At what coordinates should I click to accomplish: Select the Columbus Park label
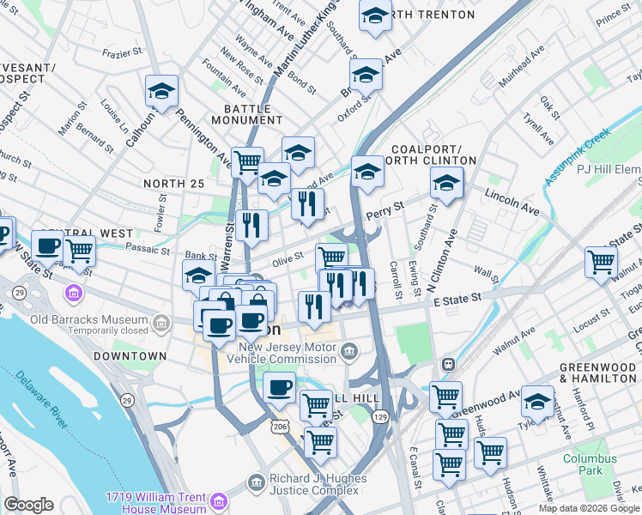[590, 464]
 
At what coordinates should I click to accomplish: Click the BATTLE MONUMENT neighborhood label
[247, 114]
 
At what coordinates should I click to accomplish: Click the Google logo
[28, 505]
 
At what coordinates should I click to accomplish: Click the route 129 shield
[380, 416]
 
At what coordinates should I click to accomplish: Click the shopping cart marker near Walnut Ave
[601, 262]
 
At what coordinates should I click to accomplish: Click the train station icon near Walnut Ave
[447, 364]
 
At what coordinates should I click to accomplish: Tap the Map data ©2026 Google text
[588, 508]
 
